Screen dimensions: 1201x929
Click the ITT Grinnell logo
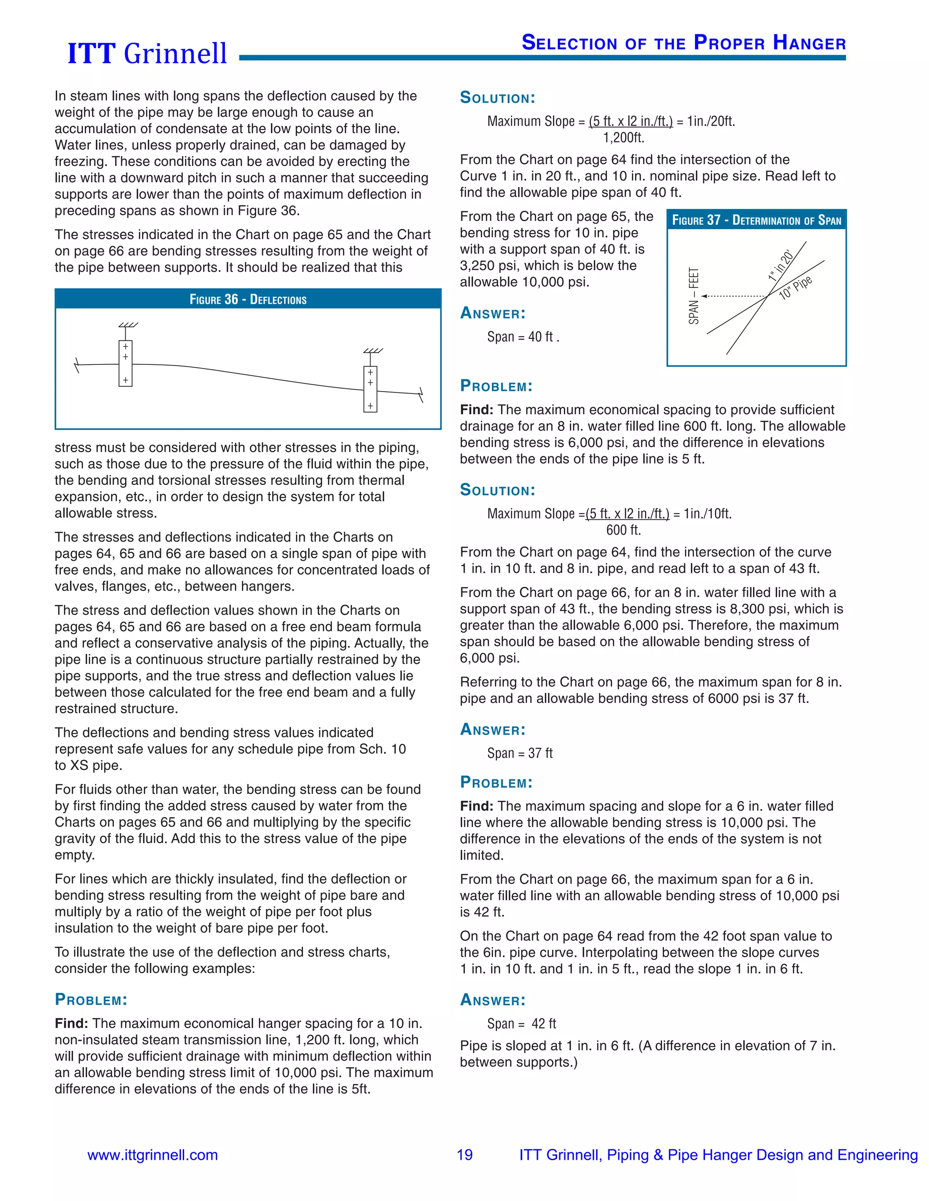tap(147, 53)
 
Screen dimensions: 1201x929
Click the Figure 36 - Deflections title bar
tap(248, 299)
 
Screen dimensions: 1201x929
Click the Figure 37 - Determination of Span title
tap(756, 220)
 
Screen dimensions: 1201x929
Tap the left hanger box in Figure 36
tap(126, 363)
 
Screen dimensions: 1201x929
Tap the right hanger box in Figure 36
tap(371, 389)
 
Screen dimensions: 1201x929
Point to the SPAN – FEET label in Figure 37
tap(694, 296)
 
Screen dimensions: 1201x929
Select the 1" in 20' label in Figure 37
tap(781, 266)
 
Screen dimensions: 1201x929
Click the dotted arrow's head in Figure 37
tap(704, 296)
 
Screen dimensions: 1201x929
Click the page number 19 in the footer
tap(464, 1155)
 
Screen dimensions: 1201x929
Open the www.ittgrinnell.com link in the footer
tap(152, 1155)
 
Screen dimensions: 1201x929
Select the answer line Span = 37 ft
tap(519, 753)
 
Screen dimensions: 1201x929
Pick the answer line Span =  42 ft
tap(521, 1023)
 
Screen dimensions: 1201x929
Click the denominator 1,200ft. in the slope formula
tap(624, 137)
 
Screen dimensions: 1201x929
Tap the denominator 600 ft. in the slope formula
tap(624, 530)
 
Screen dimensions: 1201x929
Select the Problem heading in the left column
tap(91, 999)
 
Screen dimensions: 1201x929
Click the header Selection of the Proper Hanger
tap(683, 43)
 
